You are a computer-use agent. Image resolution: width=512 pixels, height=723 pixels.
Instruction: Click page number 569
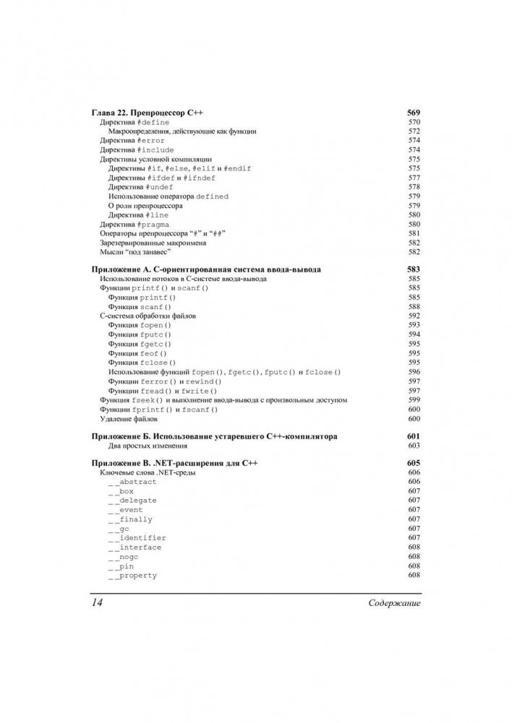click(414, 113)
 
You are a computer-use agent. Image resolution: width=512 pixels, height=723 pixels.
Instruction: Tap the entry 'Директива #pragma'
click(135, 225)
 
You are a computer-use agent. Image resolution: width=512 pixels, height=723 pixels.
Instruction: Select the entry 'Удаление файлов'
click(128, 419)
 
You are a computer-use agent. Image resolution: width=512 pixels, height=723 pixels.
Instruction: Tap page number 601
click(414, 437)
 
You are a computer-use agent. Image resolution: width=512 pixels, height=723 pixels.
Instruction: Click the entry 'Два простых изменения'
click(142, 447)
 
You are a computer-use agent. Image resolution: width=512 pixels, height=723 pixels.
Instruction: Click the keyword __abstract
click(132, 481)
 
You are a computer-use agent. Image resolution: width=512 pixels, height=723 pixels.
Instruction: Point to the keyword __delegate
click(132, 500)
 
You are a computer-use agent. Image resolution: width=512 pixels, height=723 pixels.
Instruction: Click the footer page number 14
click(97, 602)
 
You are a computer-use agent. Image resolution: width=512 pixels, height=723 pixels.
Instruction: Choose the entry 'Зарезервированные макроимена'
click(148, 243)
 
